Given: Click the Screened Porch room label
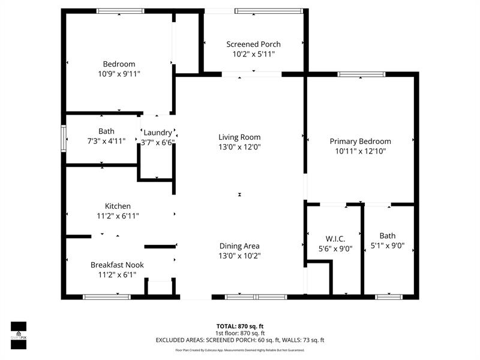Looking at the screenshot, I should coord(253,44).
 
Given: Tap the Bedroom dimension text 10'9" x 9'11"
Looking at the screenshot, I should coord(119,74).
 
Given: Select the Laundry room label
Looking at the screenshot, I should coord(158,133).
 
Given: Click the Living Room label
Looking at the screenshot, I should coord(239,137).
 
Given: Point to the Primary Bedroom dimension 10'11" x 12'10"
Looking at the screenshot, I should coord(360,151).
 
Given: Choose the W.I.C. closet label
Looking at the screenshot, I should coord(335,238).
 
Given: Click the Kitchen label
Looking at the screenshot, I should coord(118,206).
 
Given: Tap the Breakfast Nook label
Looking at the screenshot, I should coord(117,265).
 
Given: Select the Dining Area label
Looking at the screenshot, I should coord(239,245).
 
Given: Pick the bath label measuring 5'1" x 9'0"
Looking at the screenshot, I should coord(388,236).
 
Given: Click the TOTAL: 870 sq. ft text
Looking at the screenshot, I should coord(239,326).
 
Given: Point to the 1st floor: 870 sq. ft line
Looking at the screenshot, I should coord(239,333).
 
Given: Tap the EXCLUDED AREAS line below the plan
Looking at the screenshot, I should coord(239,340).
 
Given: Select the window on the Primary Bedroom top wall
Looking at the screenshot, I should coord(361,74).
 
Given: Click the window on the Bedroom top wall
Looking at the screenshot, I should coord(121,11).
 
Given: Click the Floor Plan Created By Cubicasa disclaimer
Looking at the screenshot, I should coord(239,350).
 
